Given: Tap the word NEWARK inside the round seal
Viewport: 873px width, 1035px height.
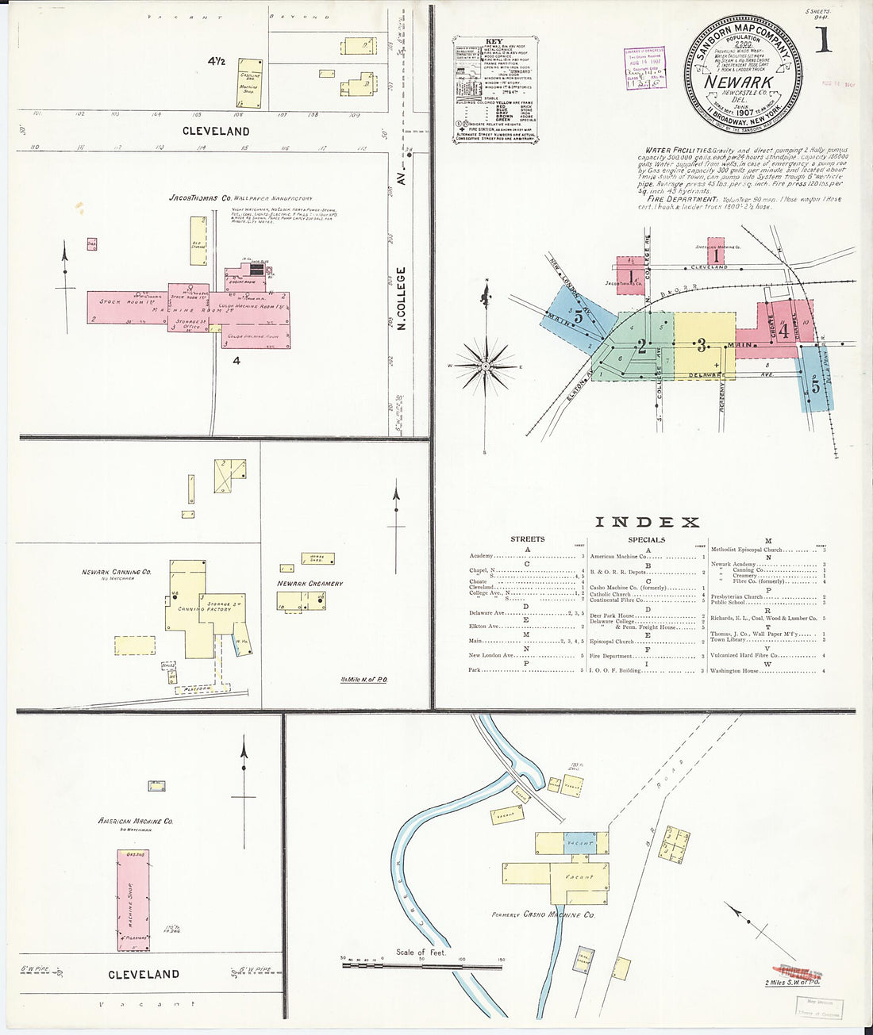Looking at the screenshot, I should [739, 82].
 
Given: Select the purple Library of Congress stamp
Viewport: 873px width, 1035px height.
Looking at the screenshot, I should [644, 68].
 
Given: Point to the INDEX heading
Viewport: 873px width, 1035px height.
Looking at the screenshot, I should [647, 522].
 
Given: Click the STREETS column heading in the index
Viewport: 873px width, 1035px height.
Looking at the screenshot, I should [527, 539].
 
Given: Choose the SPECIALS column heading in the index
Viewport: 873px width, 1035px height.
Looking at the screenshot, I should [646, 539].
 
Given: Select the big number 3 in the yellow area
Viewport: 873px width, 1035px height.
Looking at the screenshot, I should [702, 345].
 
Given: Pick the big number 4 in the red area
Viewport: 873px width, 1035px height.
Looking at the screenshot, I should [783, 328].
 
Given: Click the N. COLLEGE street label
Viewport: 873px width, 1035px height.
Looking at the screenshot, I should [402, 298].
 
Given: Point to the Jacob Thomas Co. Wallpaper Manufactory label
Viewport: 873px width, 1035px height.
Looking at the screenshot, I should [240, 198].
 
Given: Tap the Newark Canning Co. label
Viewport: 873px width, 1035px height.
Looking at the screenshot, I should [116, 572].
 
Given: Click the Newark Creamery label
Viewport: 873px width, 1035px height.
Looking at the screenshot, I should [310, 584].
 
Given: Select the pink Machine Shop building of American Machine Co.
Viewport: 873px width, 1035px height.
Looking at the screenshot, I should [133, 900].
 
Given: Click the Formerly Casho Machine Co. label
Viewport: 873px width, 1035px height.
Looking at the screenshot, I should [543, 914].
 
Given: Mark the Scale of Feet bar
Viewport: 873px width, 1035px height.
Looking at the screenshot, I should [421, 965].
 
